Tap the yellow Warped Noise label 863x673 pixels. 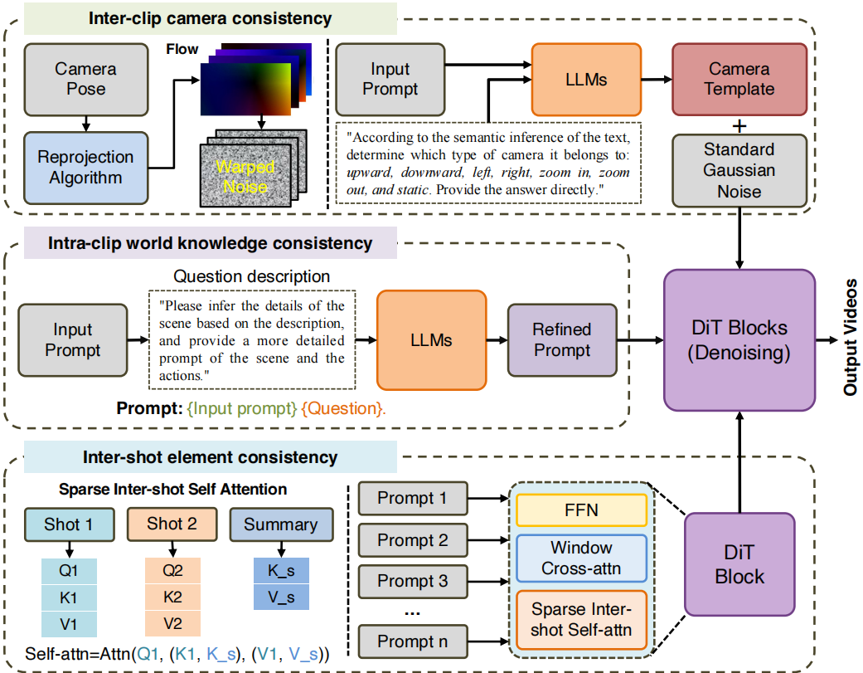(x=245, y=176)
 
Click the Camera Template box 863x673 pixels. (x=739, y=79)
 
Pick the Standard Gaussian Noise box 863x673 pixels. (x=739, y=171)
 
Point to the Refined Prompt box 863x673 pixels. (x=562, y=340)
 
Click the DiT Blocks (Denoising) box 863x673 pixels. (x=739, y=341)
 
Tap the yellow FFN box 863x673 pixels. (x=580, y=510)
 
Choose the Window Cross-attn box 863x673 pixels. (x=580, y=558)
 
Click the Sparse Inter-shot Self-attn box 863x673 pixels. (x=580, y=619)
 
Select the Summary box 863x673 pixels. (x=280, y=524)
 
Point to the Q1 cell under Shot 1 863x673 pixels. (x=69, y=571)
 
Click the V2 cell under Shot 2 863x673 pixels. (x=172, y=623)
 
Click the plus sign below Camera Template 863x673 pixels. (x=739, y=124)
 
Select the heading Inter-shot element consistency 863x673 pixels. (x=210, y=457)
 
